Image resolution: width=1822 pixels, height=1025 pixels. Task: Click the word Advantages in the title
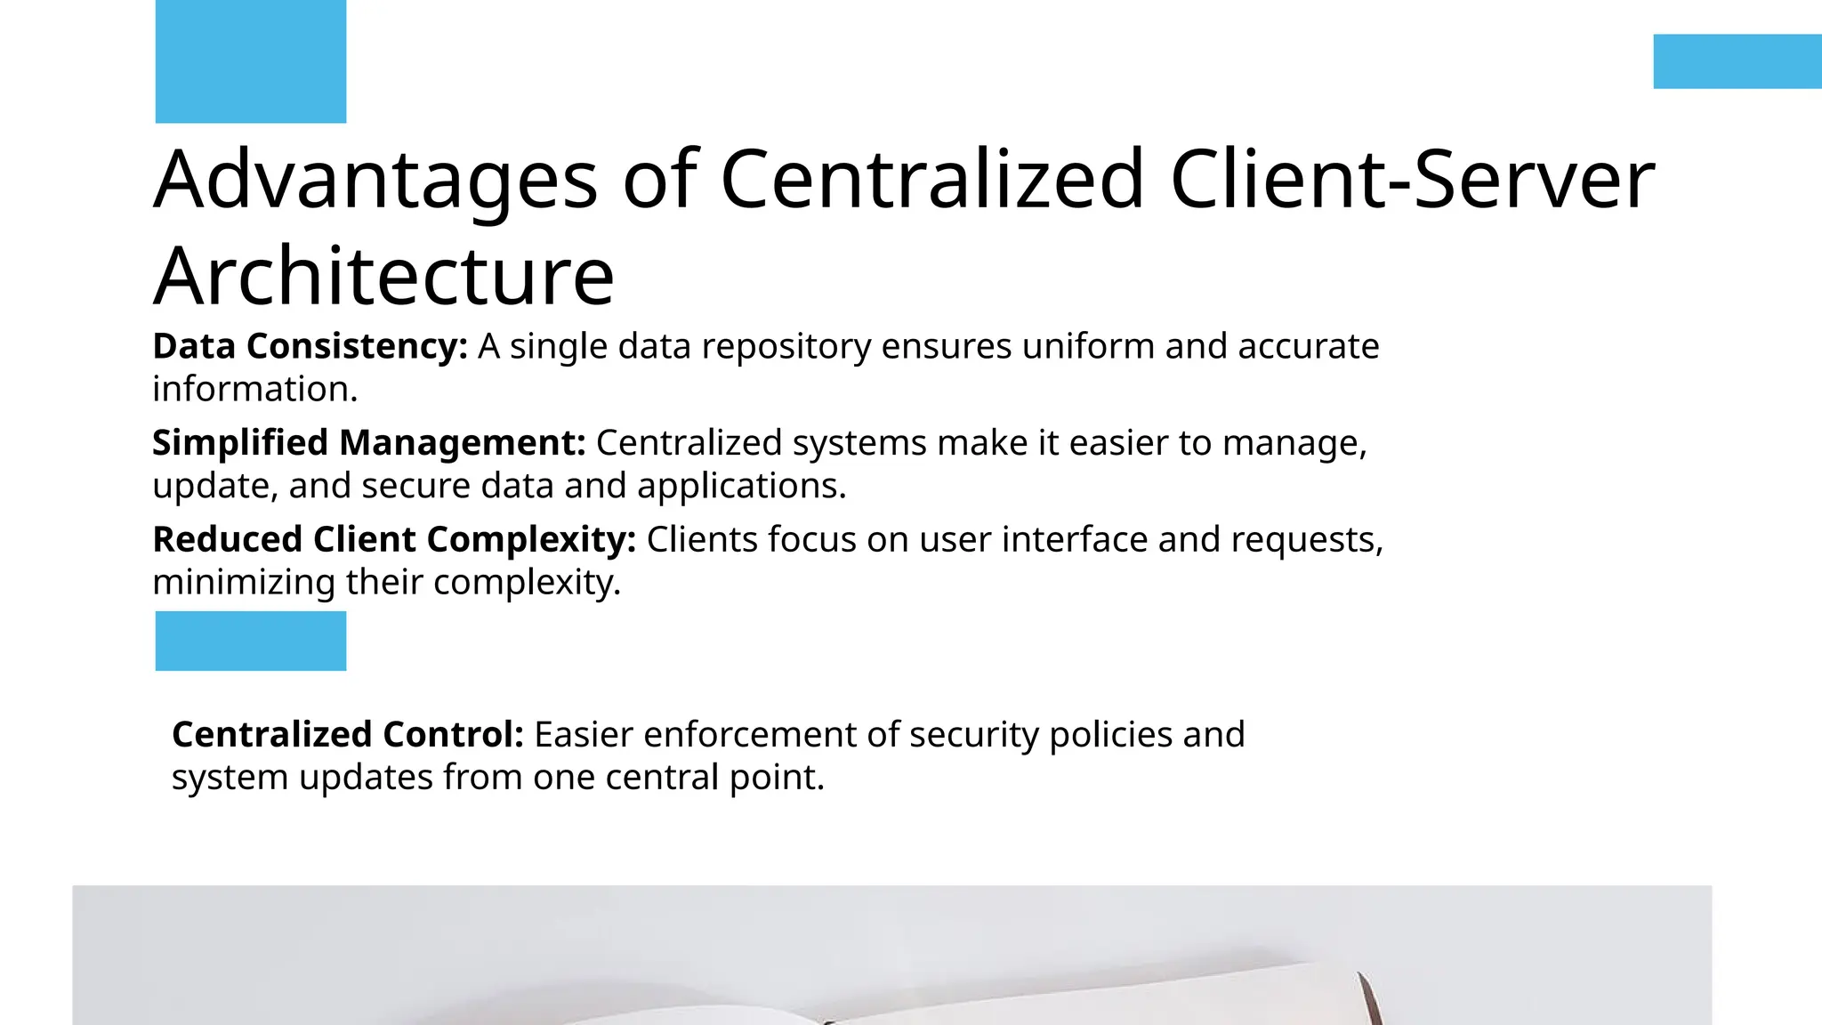tap(375, 181)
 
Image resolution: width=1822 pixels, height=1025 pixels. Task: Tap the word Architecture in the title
tap(383, 276)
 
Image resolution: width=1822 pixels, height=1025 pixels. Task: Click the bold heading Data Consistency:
tap(310, 346)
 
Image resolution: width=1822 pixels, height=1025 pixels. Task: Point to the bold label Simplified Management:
tap(368, 443)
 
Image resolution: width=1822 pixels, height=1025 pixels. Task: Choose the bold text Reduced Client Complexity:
tap(394, 539)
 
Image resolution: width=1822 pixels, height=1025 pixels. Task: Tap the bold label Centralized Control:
tap(348, 735)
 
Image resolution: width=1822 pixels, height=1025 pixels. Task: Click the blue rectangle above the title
tap(250, 61)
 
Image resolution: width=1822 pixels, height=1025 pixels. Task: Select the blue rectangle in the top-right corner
tap(1737, 61)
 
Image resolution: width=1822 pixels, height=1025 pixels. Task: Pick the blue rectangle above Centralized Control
tap(250, 641)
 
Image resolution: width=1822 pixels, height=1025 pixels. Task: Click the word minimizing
tap(244, 583)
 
